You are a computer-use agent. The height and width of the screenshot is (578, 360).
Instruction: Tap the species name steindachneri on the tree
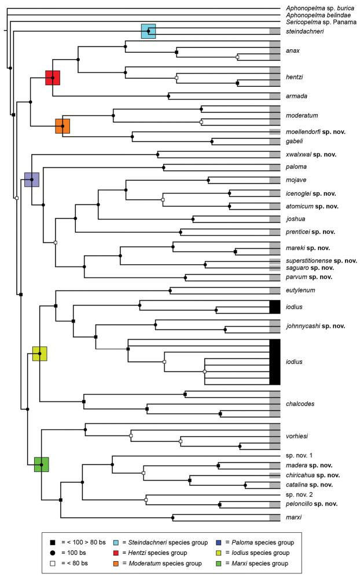[304, 31]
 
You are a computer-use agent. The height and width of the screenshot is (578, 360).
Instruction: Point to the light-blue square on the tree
[149, 31]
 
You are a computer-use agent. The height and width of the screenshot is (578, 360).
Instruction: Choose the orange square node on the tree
[63, 126]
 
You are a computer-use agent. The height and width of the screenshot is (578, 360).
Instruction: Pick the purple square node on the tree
[31, 180]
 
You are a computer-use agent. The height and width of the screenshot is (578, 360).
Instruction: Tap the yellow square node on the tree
[39, 354]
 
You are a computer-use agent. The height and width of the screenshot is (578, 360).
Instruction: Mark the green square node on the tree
[41, 464]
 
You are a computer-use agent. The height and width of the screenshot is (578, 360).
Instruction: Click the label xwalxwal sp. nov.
[311, 155]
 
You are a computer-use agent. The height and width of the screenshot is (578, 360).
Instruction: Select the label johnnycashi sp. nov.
[315, 326]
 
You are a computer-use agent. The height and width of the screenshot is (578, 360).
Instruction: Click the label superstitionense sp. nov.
[321, 261]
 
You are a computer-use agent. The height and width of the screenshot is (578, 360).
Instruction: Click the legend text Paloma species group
[264, 542]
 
